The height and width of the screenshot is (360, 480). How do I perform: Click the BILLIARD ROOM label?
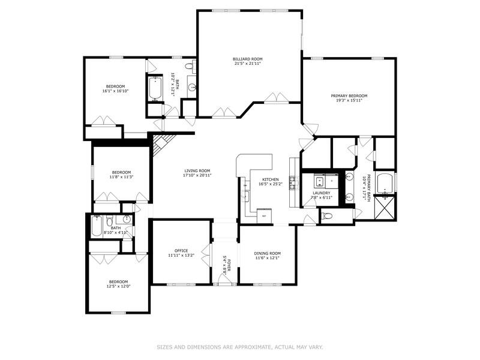248,59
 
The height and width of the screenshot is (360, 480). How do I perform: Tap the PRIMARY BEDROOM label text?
349,95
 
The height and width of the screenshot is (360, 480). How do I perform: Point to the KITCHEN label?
270,179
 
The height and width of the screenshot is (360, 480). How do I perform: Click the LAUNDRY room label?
322,193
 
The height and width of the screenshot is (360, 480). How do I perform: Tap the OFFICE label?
181,250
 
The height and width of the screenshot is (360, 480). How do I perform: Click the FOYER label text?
229,262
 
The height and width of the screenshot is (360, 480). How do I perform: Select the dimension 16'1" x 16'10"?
115,91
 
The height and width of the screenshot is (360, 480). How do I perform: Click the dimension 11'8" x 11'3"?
121,177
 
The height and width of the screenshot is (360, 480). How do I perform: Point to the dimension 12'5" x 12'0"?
118,286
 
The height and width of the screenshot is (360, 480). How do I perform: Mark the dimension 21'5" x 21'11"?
248,64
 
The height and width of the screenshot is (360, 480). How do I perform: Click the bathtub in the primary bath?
384,182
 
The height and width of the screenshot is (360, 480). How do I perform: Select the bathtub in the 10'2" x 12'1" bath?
155,89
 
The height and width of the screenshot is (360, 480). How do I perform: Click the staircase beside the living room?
161,145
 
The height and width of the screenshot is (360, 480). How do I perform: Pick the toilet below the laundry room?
327,216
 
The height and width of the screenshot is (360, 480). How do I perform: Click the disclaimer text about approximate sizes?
240,346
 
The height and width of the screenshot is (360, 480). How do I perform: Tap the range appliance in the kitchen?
262,215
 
